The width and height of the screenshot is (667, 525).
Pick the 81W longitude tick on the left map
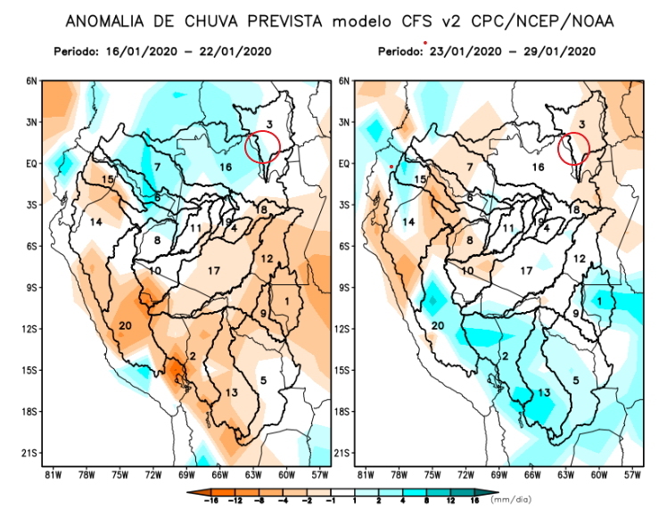point(53,474)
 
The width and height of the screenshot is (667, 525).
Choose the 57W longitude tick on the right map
point(631,474)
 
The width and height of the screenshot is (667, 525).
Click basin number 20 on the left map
point(125,325)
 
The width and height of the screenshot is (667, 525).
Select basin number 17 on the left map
point(213,270)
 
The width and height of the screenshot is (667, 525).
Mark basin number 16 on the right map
point(538,167)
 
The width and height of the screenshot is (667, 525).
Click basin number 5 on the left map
point(263,381)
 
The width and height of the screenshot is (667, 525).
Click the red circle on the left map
point(263,146)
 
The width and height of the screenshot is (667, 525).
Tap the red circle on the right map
point(574,148)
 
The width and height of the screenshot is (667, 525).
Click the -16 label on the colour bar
point(215,501)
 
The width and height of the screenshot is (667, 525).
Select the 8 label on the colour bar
point(425,501)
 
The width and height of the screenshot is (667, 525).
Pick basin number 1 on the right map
point(599,301)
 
